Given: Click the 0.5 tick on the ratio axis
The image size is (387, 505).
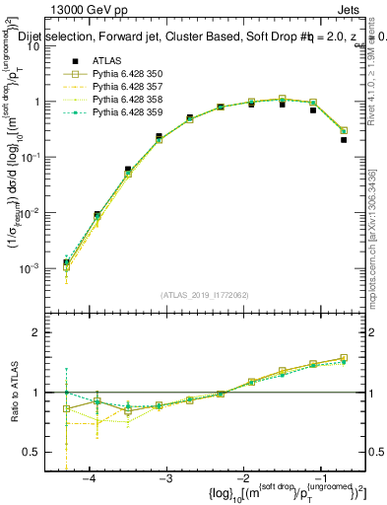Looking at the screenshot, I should [37, 453].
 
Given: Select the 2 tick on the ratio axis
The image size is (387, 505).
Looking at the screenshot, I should [42, 332].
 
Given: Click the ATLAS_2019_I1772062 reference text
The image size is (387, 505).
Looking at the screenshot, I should [204, 294].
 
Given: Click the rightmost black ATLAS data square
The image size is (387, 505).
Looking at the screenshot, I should [344, 140].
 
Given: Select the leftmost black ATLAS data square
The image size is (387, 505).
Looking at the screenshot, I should [66, 262].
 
